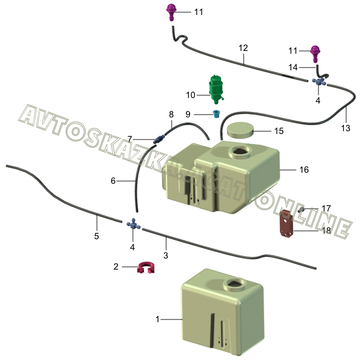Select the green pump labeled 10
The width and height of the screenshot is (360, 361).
point(216,88)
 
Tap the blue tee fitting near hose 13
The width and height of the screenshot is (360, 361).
point(320,81)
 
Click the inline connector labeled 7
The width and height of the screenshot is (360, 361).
point(160,138)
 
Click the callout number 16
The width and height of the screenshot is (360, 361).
point(304,169)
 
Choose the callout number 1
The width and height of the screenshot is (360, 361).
point(158,319)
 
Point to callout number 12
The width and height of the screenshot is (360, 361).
point(243,48)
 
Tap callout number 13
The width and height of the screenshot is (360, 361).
point(346,128)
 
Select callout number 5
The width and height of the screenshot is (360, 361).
point(96,236)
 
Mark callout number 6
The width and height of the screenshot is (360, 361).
point(114,180)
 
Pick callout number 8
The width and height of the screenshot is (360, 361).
point(171,115)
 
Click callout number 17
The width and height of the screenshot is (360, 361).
point(326,208)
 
